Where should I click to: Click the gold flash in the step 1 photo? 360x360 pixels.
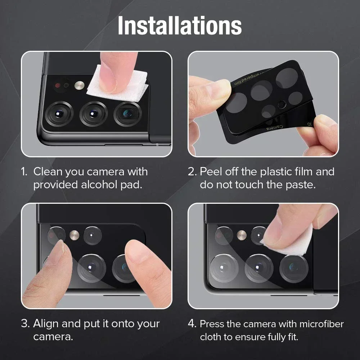click(79, 85)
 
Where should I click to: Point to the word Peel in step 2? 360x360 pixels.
click(211, 172)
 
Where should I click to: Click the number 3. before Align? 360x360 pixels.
click(25, 324)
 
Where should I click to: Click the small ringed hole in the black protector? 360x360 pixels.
click(282, 105)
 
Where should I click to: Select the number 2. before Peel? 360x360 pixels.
click(192, 172)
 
